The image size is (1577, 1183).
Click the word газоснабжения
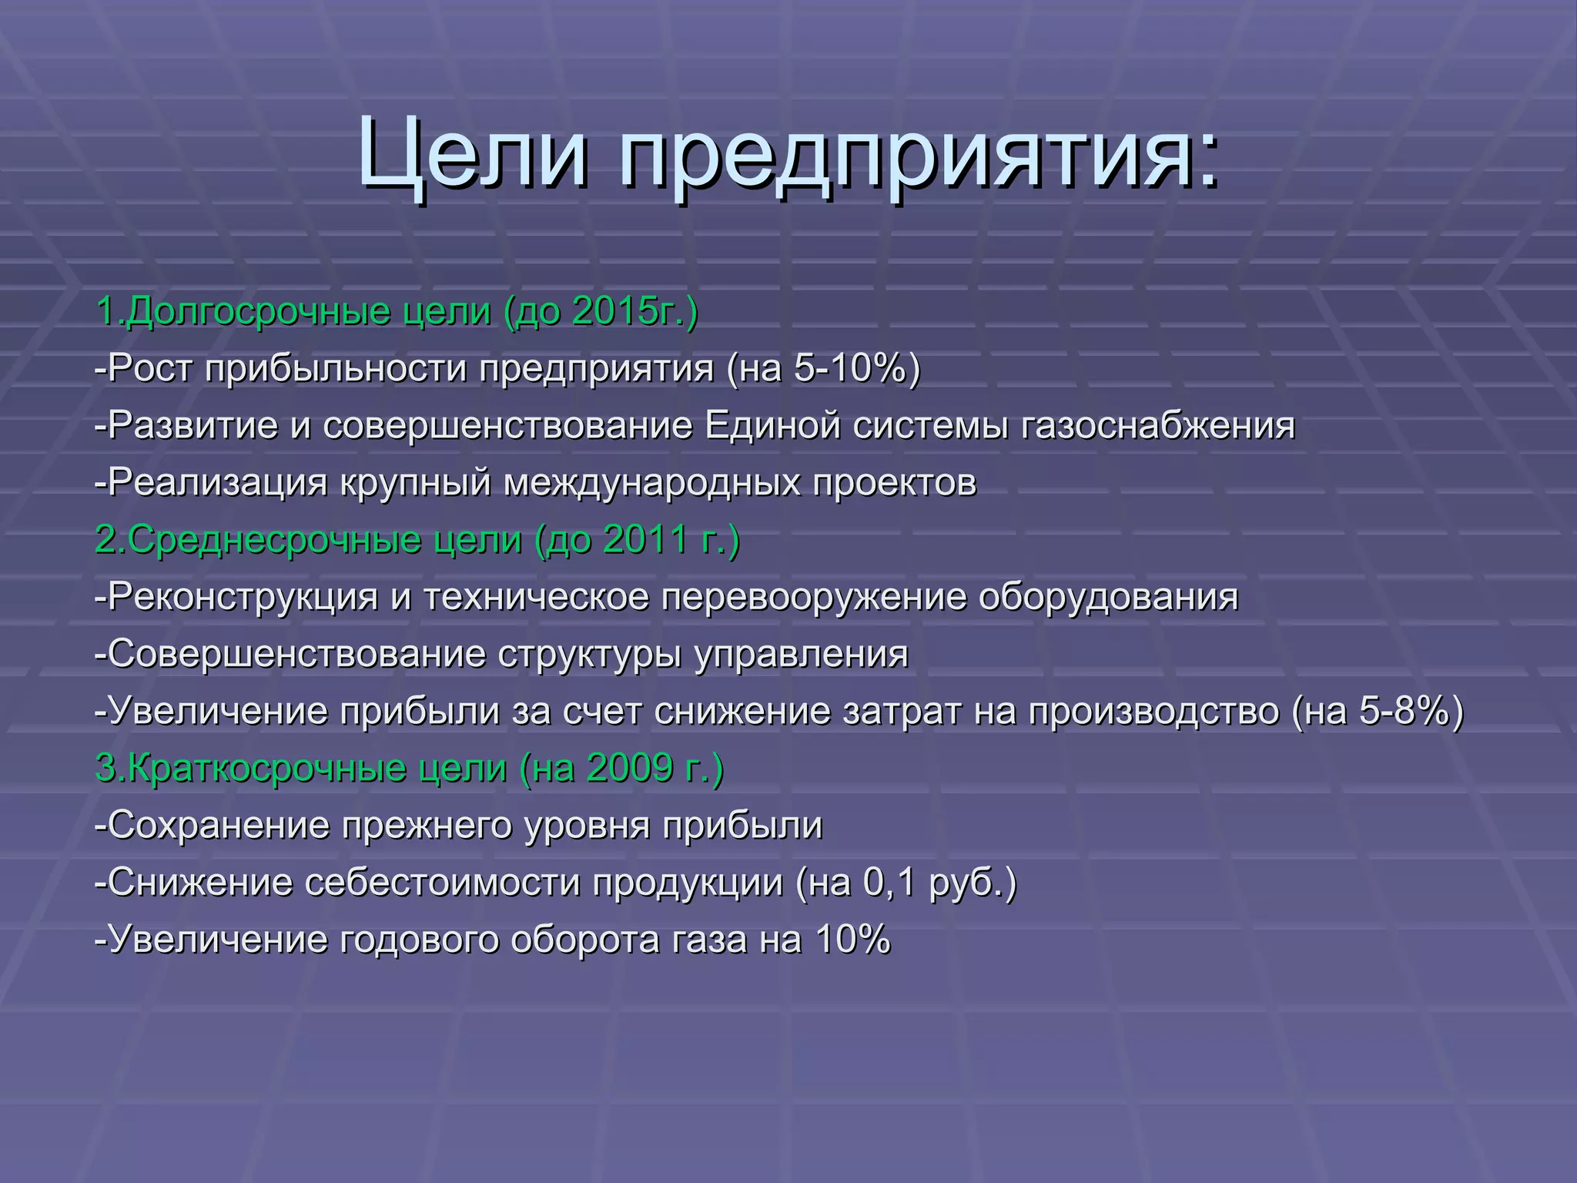point(1158,426)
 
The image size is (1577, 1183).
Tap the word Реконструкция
point(243,597)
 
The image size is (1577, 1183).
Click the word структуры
point(589,655)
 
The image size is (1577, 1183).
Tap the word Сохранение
point(219,825)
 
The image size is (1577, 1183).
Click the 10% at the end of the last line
point(852,939)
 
